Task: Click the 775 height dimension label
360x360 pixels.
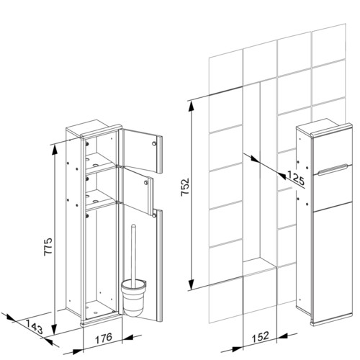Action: [x=48, y=247]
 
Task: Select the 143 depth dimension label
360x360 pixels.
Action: [x=34, y=327]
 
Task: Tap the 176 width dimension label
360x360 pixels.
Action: [x=104, y=338]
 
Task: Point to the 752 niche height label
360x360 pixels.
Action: [x=185, y=187]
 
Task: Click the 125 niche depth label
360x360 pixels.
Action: [x=296, y=178]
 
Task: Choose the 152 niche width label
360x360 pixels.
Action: [x=261, y=337]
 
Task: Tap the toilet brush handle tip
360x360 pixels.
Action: [x=133, y=225]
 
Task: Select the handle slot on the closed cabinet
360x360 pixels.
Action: [x=333, y=169]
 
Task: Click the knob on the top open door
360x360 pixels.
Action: [x=154, y=143]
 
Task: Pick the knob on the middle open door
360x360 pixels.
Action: [x=145, y=183]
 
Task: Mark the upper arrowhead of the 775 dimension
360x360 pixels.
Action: [x=55, y=150]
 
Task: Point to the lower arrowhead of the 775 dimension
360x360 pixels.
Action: [x=55, y=329]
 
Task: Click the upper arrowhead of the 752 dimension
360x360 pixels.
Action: [x=192, y=106]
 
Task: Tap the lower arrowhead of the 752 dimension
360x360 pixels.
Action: [x=191, y=284]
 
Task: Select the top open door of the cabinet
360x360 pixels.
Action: [x=142, y=150]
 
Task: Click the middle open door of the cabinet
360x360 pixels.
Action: [x=137, y=190]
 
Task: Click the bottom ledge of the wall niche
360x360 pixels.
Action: [x=260, y=266]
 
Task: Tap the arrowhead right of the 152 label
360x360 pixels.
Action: [x=282, y=336]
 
